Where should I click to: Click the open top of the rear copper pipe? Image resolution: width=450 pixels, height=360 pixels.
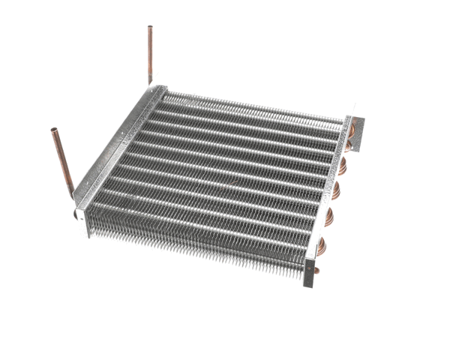[x=150, y=28]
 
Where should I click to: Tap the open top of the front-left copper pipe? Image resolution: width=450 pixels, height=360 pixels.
[x=55, y=131]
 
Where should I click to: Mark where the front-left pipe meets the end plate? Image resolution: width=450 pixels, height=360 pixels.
[x=73, y=196]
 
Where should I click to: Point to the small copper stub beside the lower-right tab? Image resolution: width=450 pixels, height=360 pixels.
[x=317, y=269]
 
